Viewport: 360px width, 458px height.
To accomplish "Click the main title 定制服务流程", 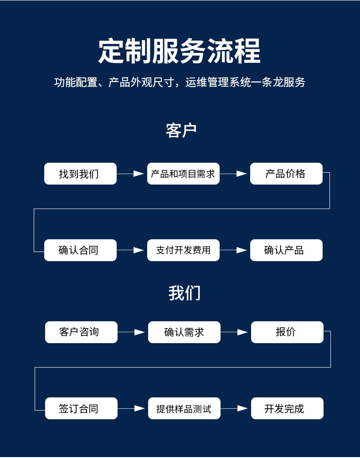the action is (x=179, y=51).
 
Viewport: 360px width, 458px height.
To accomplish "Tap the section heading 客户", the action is (x=181, y=130).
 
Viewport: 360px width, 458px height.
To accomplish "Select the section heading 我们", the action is (x=184, y=293).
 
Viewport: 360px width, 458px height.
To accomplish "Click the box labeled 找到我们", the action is (x=80, y=174).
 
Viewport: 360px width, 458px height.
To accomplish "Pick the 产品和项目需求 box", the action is (x=183, y=174).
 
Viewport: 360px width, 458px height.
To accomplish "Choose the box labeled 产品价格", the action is (x=287, y=174).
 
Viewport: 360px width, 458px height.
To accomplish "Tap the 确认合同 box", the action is (x=80, y=250).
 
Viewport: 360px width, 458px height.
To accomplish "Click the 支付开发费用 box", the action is (x=183, y=250).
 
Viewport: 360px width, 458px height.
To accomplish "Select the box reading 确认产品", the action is (x=287, y=250).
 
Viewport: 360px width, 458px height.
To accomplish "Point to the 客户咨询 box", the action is (x=81, y=332).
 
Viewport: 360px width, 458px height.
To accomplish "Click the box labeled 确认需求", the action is (x=184, y=332).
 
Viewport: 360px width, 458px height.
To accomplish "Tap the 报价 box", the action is (x=287, y=332).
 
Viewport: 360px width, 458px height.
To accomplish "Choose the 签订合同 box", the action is (x=81, y=408).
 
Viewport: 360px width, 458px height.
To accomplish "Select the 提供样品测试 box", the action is (x=184, y=408).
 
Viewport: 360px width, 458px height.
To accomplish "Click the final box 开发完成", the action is (x=287, y=408).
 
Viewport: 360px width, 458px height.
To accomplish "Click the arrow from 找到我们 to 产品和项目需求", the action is (x=130, y=174).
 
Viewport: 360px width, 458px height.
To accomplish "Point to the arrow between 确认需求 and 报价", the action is (x=234, y=332).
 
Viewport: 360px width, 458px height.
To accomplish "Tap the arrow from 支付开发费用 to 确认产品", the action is (x=233, y=250).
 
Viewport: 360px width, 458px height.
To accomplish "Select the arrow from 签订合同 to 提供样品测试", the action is (x=131, y=408).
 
